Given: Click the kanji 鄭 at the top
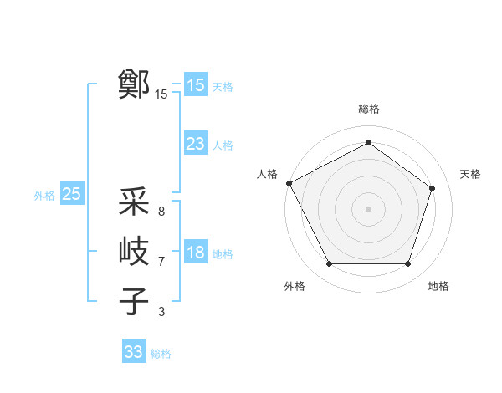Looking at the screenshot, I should coord(134,84).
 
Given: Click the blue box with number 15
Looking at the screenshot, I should coord(196,84).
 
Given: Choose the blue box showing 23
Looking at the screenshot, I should coord(196,144).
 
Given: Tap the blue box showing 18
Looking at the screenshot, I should coord(196,253).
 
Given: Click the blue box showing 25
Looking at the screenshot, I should coord(71,195).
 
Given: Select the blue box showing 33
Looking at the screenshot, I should coord(133,352).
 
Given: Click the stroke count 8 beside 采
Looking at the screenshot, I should coord(161,212).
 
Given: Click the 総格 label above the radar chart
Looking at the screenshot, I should coord(369,110).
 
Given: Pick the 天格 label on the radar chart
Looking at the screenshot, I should coord(470,174).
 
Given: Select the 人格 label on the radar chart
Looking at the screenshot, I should coord(267,174).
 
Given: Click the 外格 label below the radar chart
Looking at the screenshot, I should coord(295,286).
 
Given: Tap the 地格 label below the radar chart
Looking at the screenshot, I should coord(438,286).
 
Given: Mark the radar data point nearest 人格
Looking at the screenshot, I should coord(289,183).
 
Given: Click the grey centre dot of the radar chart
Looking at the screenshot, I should coord(368,208).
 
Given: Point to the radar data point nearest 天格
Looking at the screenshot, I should coord(432,188).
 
